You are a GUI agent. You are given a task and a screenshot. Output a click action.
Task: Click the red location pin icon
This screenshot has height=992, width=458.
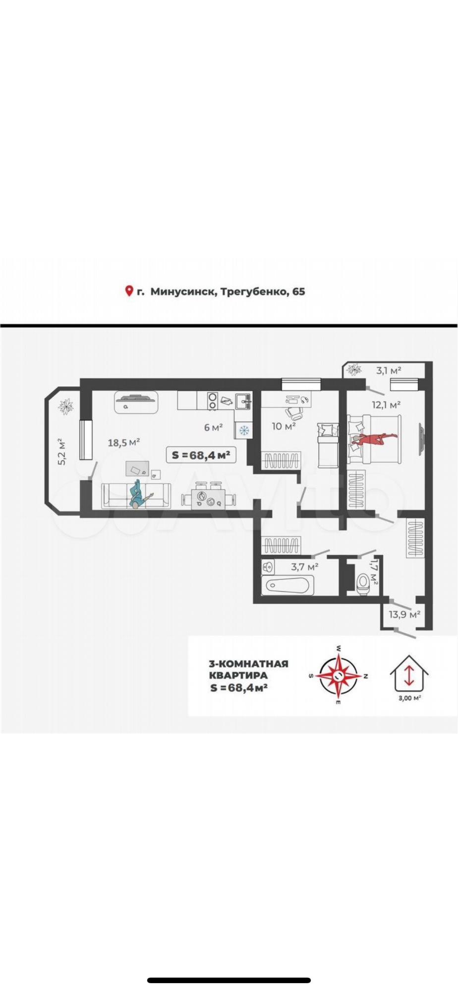tap(129, 291)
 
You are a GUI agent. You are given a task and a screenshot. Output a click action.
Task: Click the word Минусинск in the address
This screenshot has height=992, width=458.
tap(182, 292)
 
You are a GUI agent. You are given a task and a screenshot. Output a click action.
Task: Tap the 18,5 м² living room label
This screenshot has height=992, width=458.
tap(123, 442)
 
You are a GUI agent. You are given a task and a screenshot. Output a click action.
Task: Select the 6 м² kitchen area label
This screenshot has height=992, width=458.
tap(213, 427)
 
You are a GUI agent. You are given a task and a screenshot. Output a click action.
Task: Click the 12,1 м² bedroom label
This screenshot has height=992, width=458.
tap(386, 405)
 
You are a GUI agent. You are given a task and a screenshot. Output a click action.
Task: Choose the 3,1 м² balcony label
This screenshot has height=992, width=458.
tap(389, 370)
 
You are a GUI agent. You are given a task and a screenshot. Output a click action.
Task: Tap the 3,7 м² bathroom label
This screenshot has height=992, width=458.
tap(305, 566)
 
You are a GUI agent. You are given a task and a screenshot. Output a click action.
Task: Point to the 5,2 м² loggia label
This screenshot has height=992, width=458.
tap(62, 451)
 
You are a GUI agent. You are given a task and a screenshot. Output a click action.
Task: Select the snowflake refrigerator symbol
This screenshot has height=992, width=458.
tap(243, 430)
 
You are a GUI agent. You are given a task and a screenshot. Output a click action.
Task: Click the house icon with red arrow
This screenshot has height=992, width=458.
tap(409, 672)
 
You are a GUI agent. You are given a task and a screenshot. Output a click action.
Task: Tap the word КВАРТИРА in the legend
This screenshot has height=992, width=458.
tap(238, 675)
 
